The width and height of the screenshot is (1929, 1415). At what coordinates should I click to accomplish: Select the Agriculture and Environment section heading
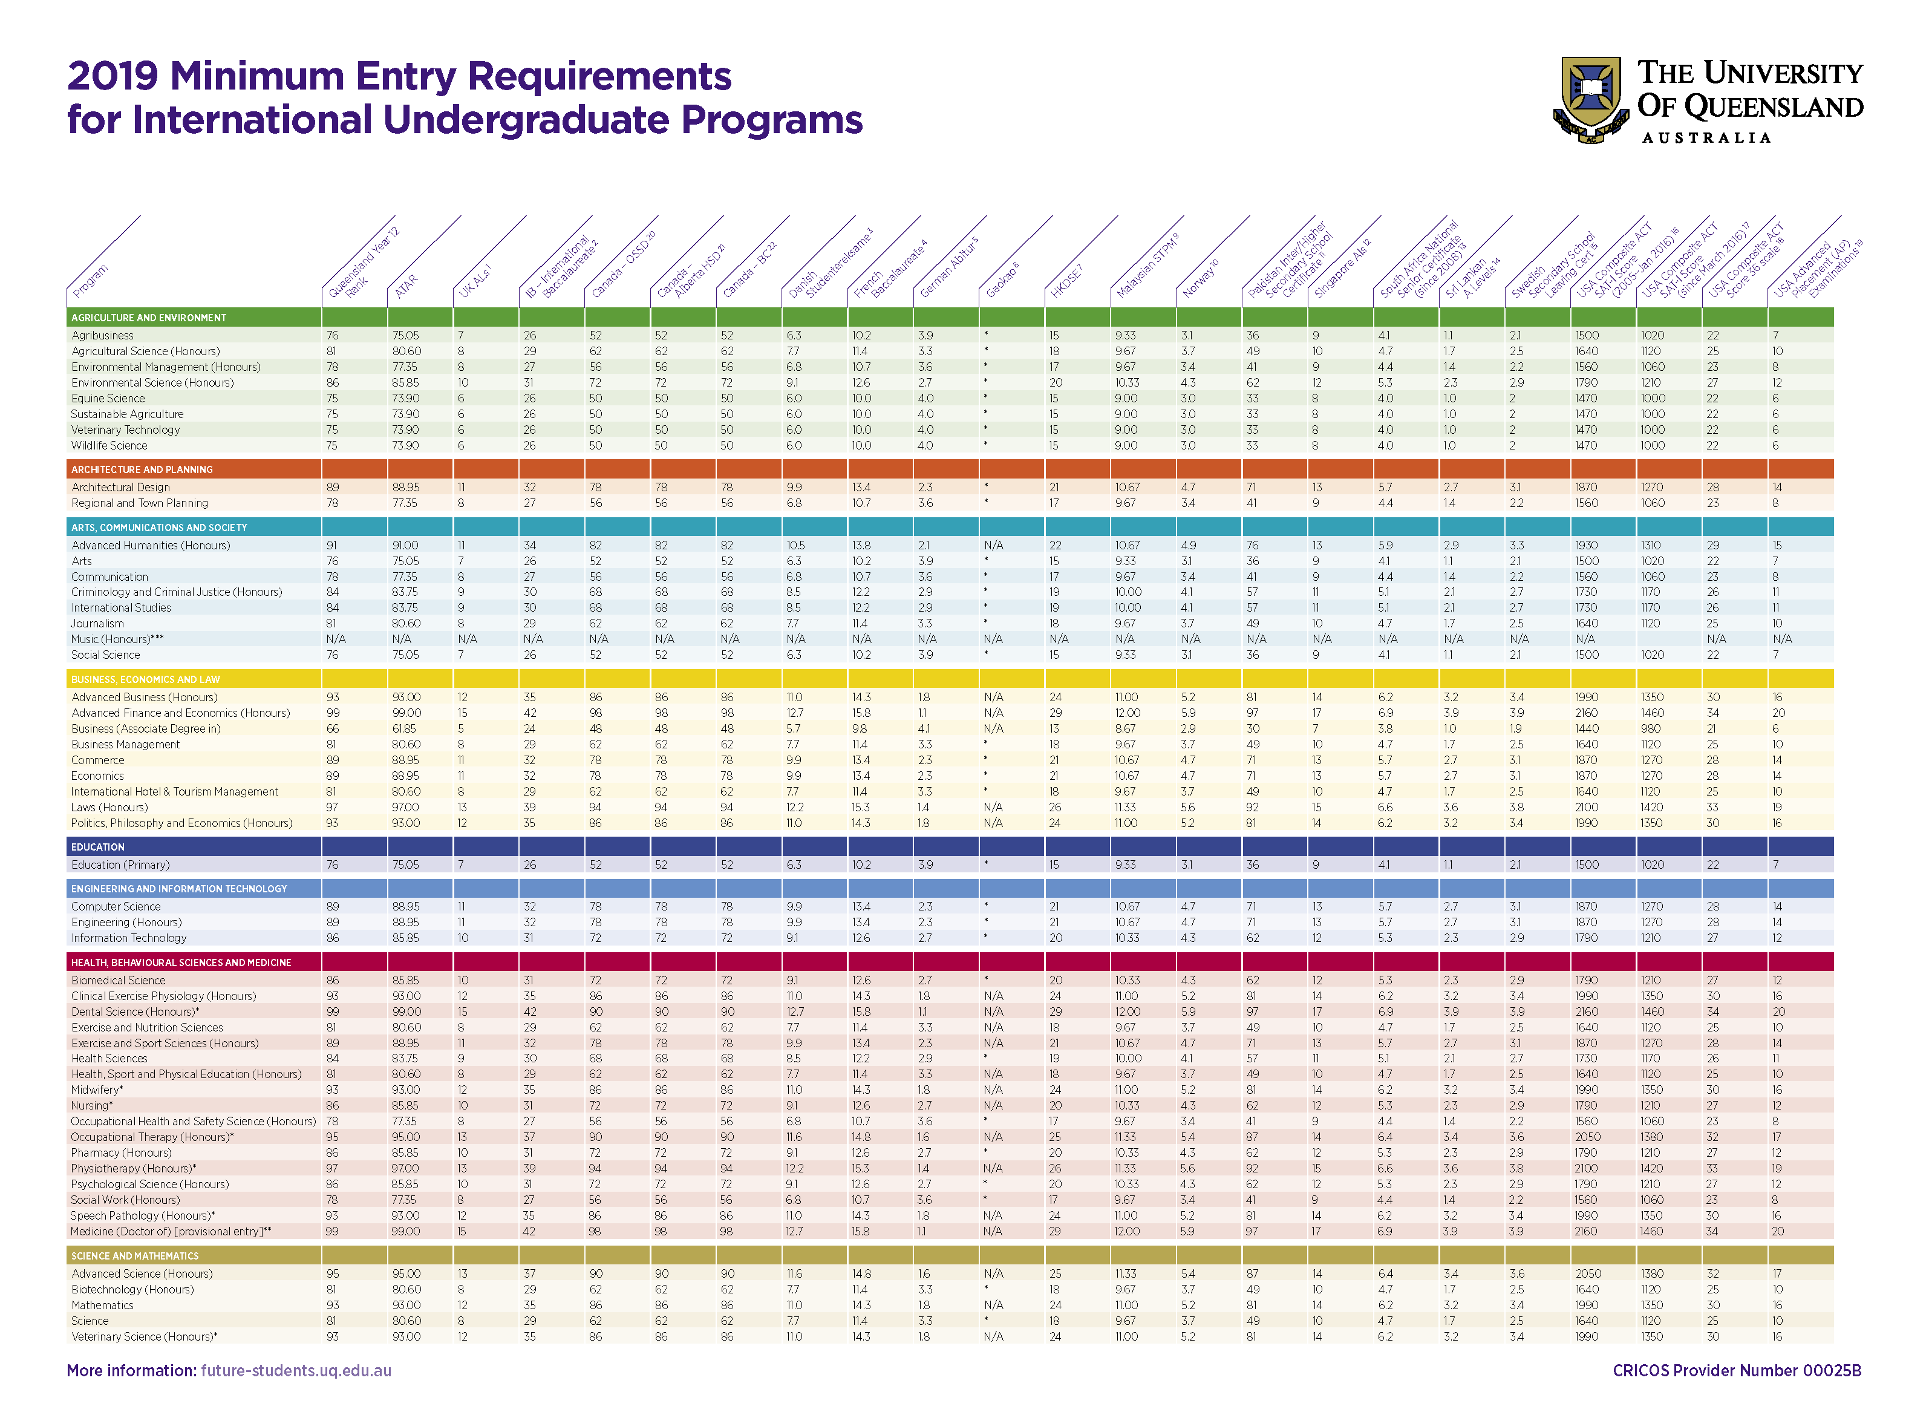pyautogui.click(x=148, y=318)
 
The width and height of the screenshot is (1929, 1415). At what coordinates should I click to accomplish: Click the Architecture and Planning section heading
pyautogui.click(x=142, y=469)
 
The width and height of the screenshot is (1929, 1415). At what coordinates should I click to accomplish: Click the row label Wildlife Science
pyautogui.click(x=109, y=445)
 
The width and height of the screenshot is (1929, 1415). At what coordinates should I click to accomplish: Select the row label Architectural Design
pyautogui.click(x=121, y=488)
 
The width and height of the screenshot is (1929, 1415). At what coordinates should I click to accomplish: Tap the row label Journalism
pyautogui.click(x=97, y=624)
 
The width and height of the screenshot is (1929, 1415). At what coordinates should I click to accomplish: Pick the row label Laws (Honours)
pyautogui.click(x=109, y=807)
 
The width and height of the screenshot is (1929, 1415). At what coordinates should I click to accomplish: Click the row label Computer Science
pyautogui.click(x=116, y=906)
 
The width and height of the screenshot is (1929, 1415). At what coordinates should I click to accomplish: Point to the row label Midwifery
pyautogui.click(x=96, y=1090)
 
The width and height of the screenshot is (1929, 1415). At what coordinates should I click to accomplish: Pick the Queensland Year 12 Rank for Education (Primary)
pyautogui.click(x=332, y=865)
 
